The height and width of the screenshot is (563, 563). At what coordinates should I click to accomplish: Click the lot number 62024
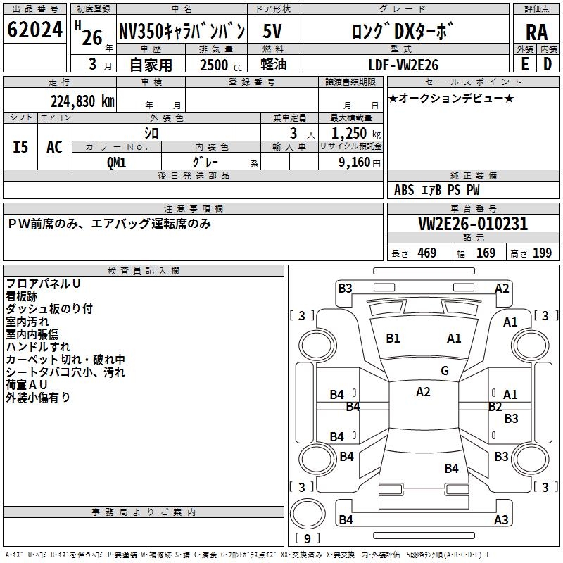[x=35, y=30]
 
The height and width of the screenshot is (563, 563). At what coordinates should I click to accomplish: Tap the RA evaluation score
[x=536, y=32]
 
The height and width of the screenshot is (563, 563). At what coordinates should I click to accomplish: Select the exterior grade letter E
[x=524, y=64]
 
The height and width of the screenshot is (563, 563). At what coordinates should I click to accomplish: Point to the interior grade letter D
[x=548, y=64]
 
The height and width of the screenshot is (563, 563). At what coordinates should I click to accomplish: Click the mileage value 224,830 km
[x=82, y=101]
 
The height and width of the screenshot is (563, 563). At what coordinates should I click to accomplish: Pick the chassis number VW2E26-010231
[x=473, y=224]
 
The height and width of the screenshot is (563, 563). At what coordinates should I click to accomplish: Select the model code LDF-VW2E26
[x=404, y=65]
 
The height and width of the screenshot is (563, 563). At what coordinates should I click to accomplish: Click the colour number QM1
[x=116, y=162]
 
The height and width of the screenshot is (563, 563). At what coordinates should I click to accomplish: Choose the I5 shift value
[x=21, y=146]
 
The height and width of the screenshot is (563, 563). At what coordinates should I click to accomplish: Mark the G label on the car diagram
[x=444, y=371]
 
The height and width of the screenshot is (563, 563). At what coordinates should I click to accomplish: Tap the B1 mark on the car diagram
[x=393, y=339]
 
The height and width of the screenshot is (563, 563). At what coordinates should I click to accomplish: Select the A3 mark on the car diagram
[x=501, y=520]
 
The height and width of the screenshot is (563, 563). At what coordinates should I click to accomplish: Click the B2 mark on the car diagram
[x=495, y=406]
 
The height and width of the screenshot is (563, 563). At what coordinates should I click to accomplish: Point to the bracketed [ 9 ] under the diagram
[x=306, y=538]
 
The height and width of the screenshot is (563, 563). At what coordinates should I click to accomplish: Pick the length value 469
[x=426, y=253]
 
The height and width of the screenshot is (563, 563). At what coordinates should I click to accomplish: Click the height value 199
[x=542, y=253]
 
